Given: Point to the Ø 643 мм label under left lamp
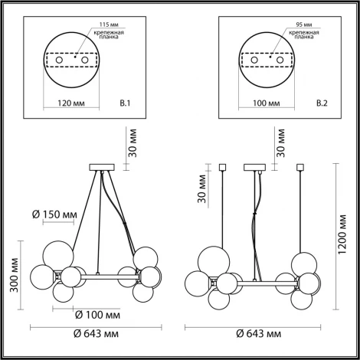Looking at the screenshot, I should (x=96, y=334).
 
